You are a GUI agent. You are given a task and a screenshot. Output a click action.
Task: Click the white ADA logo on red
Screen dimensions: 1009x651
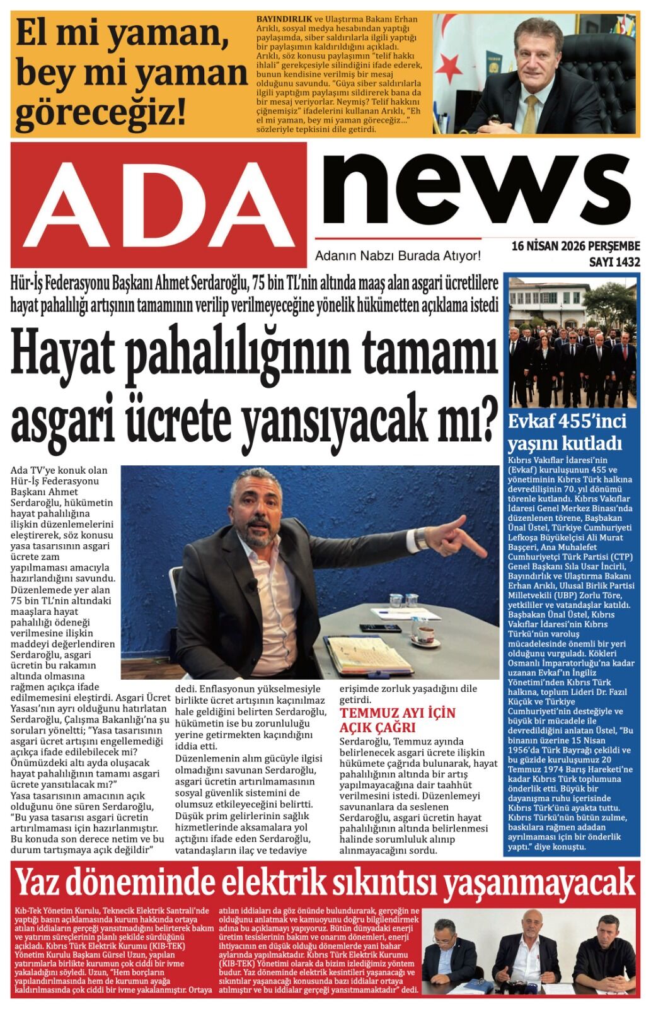coord(159,204)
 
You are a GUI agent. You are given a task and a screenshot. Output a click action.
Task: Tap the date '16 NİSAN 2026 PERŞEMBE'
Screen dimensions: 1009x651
coord(575,246)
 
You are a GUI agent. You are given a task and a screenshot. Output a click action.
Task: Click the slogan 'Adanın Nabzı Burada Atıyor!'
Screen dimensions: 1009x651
coord(398,256)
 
